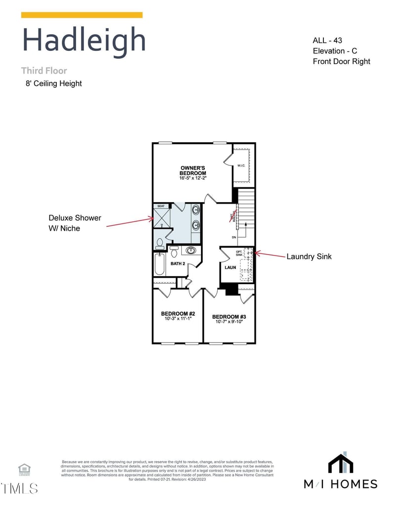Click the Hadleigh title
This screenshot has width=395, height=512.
[84, 40]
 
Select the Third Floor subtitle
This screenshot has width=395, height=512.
[44, 71]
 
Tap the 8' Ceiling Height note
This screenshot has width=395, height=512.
[54, 84]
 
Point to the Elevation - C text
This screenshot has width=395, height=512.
[335, 51]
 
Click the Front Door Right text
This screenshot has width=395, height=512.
[341, 61]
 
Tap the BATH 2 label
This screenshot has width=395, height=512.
[178, 263]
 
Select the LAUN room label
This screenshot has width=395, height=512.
[230, 267]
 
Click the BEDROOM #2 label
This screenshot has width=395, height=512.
[178, 313]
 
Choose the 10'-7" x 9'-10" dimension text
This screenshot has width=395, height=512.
[229, 322]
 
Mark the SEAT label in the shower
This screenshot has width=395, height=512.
[161, 206]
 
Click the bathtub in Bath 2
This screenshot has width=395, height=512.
[159, 264]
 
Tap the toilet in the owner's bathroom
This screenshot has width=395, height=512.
[159, 243]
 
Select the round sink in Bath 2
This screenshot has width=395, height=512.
[191, 250]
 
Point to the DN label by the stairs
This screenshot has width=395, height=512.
[234, 237]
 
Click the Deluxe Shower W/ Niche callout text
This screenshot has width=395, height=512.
[75, 223]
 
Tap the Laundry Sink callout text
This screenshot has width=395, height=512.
[309, 256]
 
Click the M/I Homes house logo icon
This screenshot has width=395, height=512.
[341, 463]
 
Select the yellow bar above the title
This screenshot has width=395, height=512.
[82, 15]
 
